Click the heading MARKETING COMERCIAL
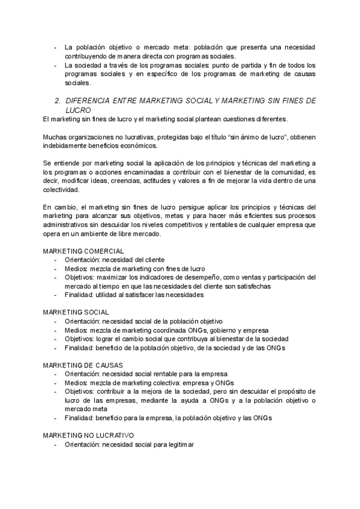point(83,251)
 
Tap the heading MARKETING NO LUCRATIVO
point(89,434)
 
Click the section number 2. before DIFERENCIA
point(58,102)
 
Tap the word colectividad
point(62,189)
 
